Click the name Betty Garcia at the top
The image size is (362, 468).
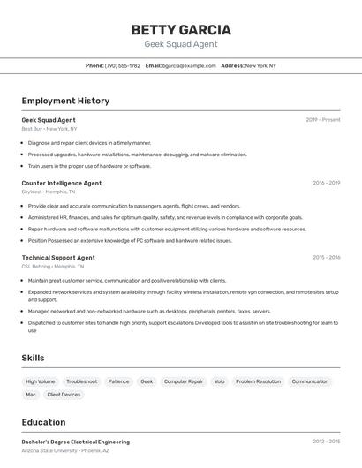coord(181,29)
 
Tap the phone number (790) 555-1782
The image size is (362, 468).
coord(122,65)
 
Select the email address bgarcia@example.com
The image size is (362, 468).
coord(189,65)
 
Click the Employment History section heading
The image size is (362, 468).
coord(65,101)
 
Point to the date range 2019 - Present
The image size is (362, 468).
coord(323,120)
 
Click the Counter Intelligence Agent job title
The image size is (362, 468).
coord(62,183)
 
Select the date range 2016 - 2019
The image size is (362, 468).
coord(326,183)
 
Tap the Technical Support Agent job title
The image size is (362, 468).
coord(58,258)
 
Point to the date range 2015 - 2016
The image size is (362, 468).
coord(326,258)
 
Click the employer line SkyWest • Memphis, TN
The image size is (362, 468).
coord(49,192)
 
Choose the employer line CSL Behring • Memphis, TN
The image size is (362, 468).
coord(53,266)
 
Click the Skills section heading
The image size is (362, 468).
coord(33,358)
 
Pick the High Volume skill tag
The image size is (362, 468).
coord(41,381)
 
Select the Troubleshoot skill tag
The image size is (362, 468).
coord(82,381)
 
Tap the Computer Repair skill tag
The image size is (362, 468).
coord(184,381)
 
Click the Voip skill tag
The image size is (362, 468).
coord(220,381)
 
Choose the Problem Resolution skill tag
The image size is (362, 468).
coord(258,381)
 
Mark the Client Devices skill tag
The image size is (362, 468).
coord(64,395)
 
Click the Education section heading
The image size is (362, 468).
coord(43,422)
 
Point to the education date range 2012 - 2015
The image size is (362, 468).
coord(326,442)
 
